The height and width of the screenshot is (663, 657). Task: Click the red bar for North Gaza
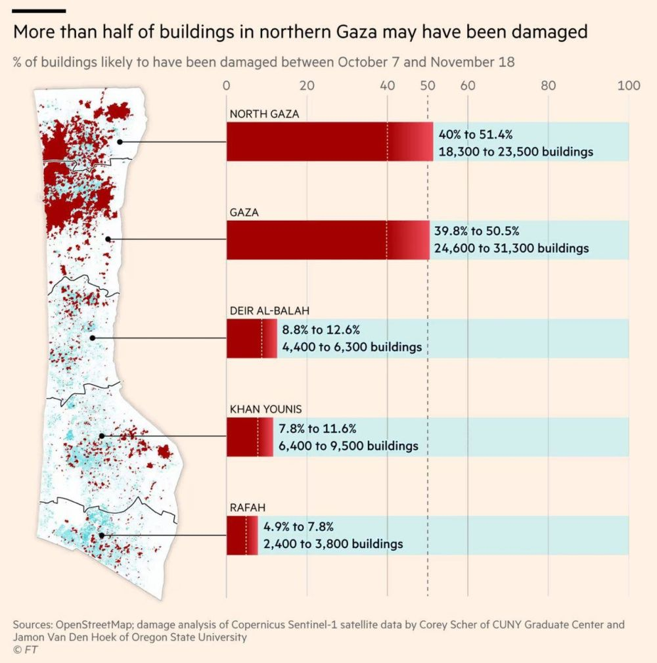[328, 141]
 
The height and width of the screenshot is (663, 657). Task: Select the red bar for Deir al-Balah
[251, 338]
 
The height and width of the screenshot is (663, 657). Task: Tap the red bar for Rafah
[242, 536]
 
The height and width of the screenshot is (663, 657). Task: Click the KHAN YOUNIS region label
[265, 409]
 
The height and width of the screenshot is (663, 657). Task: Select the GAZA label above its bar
[244, 212]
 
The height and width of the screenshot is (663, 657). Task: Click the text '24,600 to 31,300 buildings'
[512, 248]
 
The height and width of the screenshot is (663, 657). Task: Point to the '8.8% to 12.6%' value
[321, 330]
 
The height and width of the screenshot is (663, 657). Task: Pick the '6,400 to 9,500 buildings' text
[348, 446]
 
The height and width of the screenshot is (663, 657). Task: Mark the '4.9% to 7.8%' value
[299, 527]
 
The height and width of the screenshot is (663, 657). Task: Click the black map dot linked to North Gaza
[120, 141]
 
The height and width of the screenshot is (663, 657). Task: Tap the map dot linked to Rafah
[102, 536]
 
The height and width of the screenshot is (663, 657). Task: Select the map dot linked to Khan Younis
[102, 436]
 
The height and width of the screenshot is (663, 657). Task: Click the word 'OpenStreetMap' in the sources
[94, 624]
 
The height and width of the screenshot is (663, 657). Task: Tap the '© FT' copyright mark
[25, 649]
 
